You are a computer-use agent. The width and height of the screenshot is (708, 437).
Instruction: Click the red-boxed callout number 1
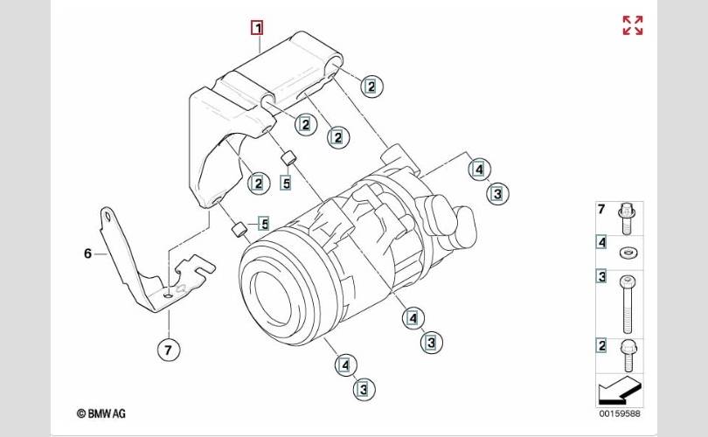(257, 28)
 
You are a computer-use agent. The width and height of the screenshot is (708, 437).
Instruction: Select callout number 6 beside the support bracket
(87, 253)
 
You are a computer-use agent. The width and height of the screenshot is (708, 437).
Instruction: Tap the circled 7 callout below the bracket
(169, 350)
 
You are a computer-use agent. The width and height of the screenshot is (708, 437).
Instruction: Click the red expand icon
(633, 25)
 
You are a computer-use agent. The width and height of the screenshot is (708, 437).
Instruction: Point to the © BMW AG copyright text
(101, 413)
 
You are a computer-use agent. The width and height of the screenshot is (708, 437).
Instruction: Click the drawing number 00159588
(620, 413)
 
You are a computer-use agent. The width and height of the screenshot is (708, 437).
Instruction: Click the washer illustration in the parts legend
(628, 253)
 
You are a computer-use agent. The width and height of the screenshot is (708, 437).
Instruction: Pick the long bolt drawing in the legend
(628, 304)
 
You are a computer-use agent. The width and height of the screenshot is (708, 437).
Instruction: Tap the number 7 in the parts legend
(601, 210)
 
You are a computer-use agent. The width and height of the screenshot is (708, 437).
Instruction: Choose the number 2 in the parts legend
(601, 346)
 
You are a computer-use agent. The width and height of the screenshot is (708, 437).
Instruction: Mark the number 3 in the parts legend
(601, 276)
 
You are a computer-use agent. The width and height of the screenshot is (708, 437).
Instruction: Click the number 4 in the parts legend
(601, 242)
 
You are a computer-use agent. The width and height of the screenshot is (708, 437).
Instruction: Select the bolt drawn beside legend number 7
(626, 219)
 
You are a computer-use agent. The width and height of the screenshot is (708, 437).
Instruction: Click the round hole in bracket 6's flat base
(168, 295)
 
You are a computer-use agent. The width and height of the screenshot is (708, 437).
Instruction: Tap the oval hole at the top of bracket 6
(108, 217)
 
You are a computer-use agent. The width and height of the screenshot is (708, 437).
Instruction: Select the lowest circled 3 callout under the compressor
(364, 389)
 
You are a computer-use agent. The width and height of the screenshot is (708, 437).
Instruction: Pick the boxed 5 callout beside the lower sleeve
(264, 224)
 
